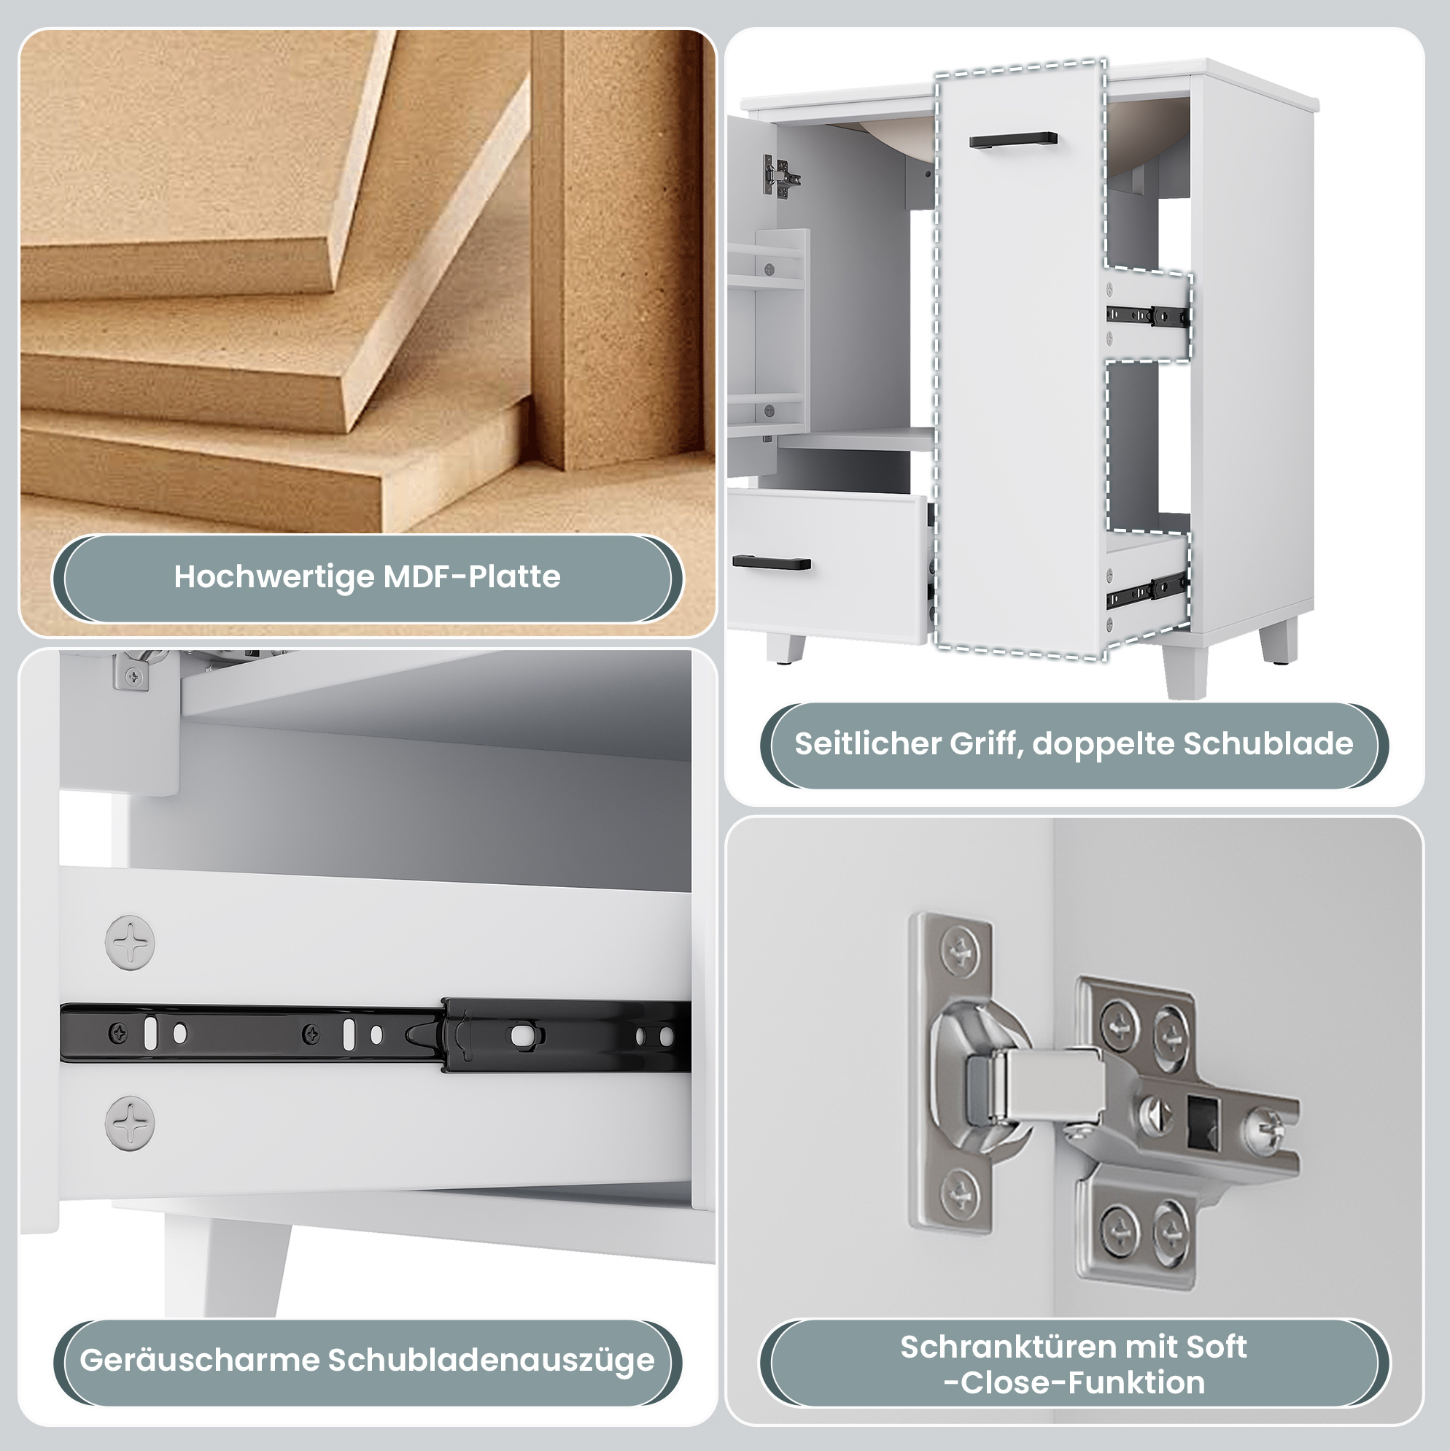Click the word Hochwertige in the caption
[x=274, y=577]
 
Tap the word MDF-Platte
[x=473, y=577]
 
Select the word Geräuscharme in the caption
[x=200, y=1360]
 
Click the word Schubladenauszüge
[x=492, y=1360]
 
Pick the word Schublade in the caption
[x=1268, y=743]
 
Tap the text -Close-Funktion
[x=1074, y=1382]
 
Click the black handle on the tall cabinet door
[x=1013, y=139]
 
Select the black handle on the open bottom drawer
[x=771, y=562]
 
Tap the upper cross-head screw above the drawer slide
[x=130, y=942]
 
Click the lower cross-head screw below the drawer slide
[x=130, y=1123]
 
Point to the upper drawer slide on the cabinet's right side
[x=1148, y=316]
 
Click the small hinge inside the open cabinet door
[x=781, y=177]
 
